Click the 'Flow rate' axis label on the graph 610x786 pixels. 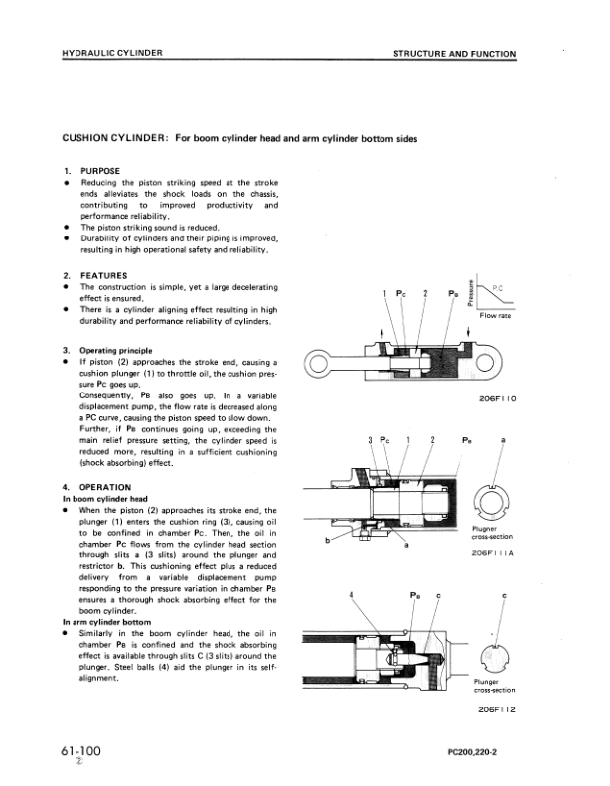coord(495,316)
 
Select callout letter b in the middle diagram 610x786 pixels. coord(327,541)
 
